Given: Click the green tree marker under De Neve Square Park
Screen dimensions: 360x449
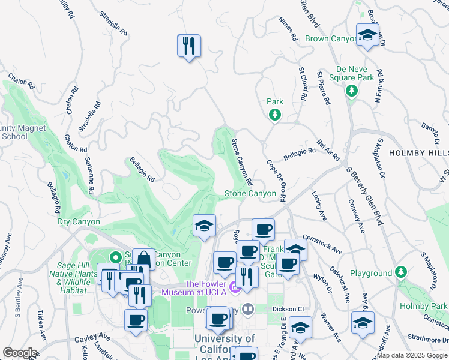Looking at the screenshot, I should tap(351, 91).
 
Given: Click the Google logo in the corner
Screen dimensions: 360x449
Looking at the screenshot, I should tap(20, 353).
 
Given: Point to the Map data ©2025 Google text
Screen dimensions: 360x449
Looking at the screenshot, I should tap(412, 355).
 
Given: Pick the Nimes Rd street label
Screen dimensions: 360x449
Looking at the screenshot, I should tap(288, 29).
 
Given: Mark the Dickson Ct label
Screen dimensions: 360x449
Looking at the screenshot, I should tap(288, 310).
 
